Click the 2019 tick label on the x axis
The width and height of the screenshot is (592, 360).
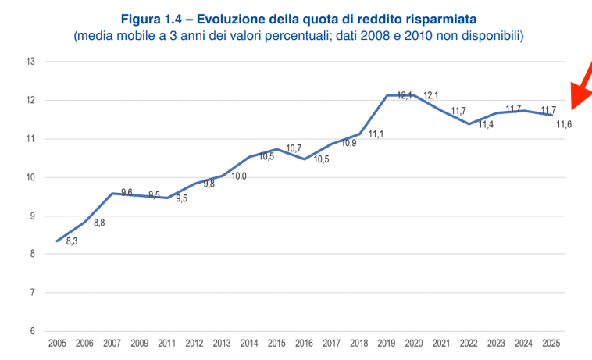pyautogui.click(x=387, y=343)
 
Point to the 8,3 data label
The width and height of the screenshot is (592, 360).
pyautogui.click(x=71, y=242)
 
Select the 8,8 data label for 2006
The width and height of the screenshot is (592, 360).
pyautogui.click(x=99, y=223)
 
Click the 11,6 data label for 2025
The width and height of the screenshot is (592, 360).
pyautogui.click(x=564, y=124)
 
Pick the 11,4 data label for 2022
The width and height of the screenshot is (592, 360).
pyautogui.click(x=486, y=125)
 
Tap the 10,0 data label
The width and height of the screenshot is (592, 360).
pyautogui.click(x=239, y=176)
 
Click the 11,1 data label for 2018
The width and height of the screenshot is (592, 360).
pyautogui.click(x=376, y=135)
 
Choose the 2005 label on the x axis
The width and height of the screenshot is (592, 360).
pyautogui.click(x=57, y=343)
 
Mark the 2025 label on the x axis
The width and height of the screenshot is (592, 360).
pyautogui.click(x=551, y=343)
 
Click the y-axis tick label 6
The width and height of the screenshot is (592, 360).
pyautogui.click(x=32, y=331)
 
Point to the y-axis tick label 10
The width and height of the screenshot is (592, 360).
pyautogui.click(x=30, y=177)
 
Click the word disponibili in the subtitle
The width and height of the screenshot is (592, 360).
pyautogui.click(x=490, y=36)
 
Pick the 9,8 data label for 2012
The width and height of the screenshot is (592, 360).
pyautogui.click(x=209, y=184)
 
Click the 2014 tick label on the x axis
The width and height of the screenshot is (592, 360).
pyautogui.click(x=249, y=343)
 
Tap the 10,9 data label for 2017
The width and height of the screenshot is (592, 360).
pyautogui.click(x=348, y=143)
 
